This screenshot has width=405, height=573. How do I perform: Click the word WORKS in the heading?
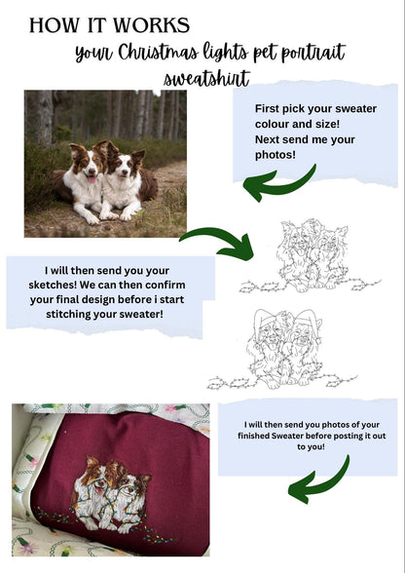[151, 25]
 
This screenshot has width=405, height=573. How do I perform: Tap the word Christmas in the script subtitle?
[158, 52]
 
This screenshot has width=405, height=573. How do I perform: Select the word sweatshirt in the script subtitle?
[206, 78]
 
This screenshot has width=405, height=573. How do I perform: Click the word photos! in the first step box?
[276, 155]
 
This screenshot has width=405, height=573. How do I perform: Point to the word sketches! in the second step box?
[53, 285]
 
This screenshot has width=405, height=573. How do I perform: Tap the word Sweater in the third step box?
[288, 436]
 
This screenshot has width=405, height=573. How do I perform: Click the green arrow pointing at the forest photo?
[278, 185]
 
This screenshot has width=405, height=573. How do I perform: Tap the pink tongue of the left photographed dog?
[92, 179]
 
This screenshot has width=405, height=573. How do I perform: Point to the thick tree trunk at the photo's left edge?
[40, 118]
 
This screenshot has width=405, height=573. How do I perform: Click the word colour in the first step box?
[272, 124]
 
